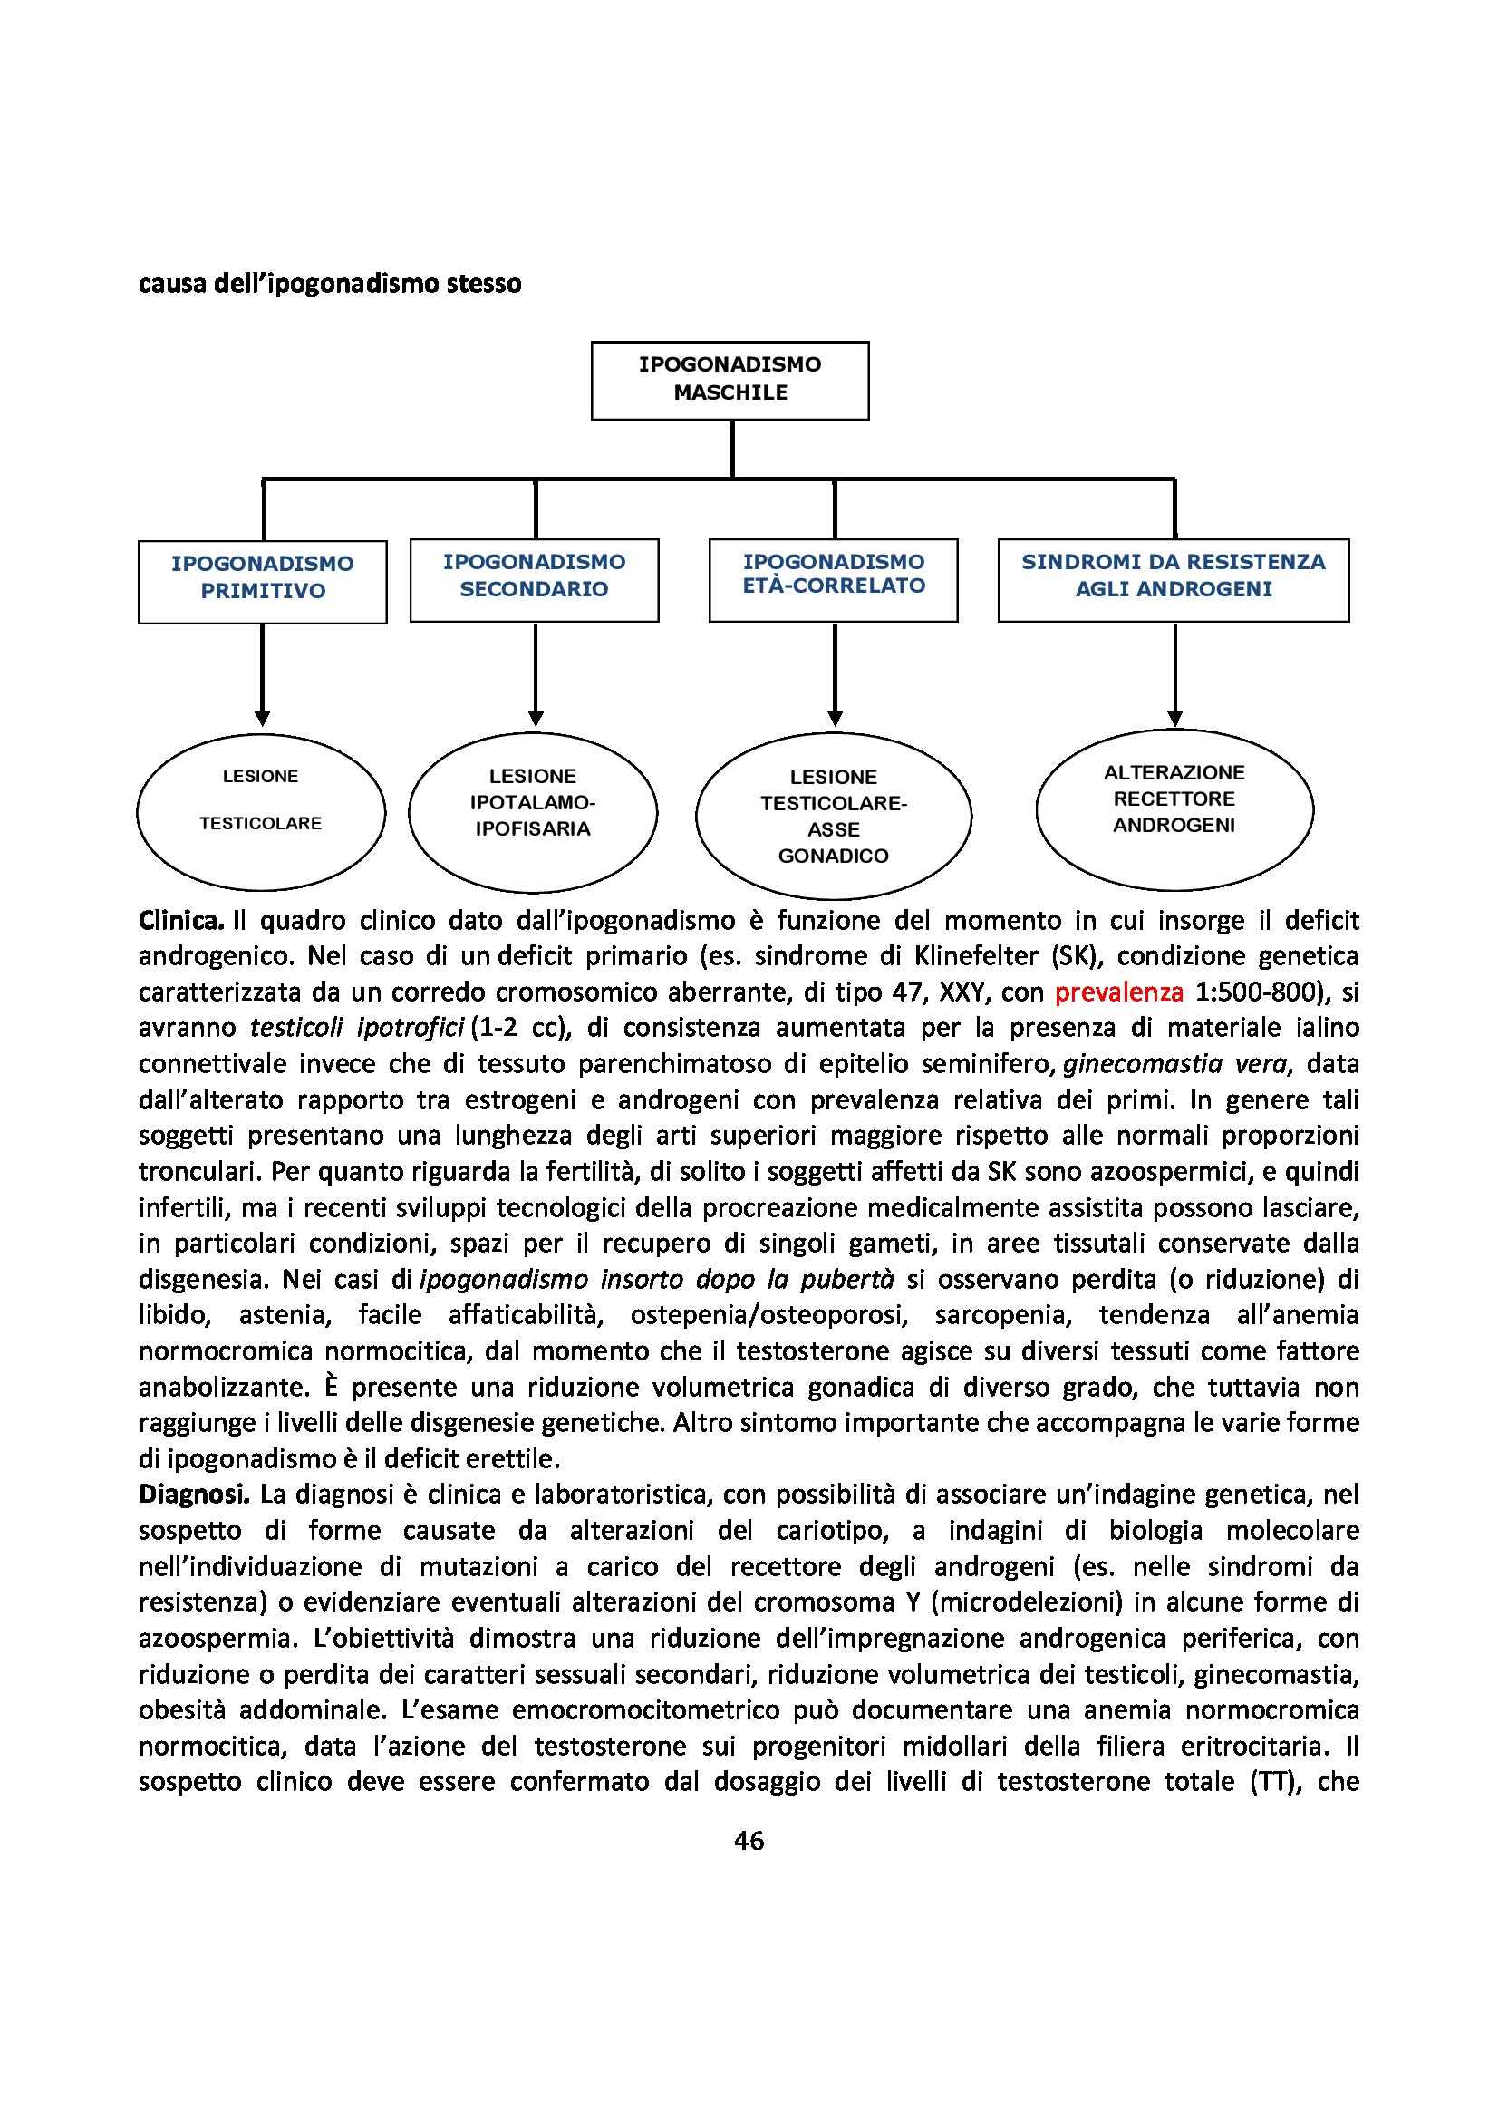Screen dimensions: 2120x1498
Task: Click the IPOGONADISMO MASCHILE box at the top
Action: point(730,380)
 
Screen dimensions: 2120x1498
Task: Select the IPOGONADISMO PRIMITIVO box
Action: point(262,580)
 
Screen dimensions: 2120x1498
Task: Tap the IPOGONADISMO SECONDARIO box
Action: point(534,578)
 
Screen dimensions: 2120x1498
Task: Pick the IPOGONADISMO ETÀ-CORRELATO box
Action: point(834,578)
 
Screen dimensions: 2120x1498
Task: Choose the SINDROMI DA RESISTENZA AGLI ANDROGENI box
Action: point(1173,578)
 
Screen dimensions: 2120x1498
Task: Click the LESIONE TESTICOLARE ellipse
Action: point(261,809)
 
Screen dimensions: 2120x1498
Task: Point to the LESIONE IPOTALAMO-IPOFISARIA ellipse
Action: point(533,809)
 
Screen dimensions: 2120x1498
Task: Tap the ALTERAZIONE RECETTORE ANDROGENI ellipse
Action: point(1174,807)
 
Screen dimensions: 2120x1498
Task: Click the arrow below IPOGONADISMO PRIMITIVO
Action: point(262,674)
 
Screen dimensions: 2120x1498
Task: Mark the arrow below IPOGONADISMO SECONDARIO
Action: point(536,674)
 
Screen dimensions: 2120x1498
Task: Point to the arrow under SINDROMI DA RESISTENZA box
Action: point(1174,674)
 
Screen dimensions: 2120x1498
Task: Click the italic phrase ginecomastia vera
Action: point(1174,1065)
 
